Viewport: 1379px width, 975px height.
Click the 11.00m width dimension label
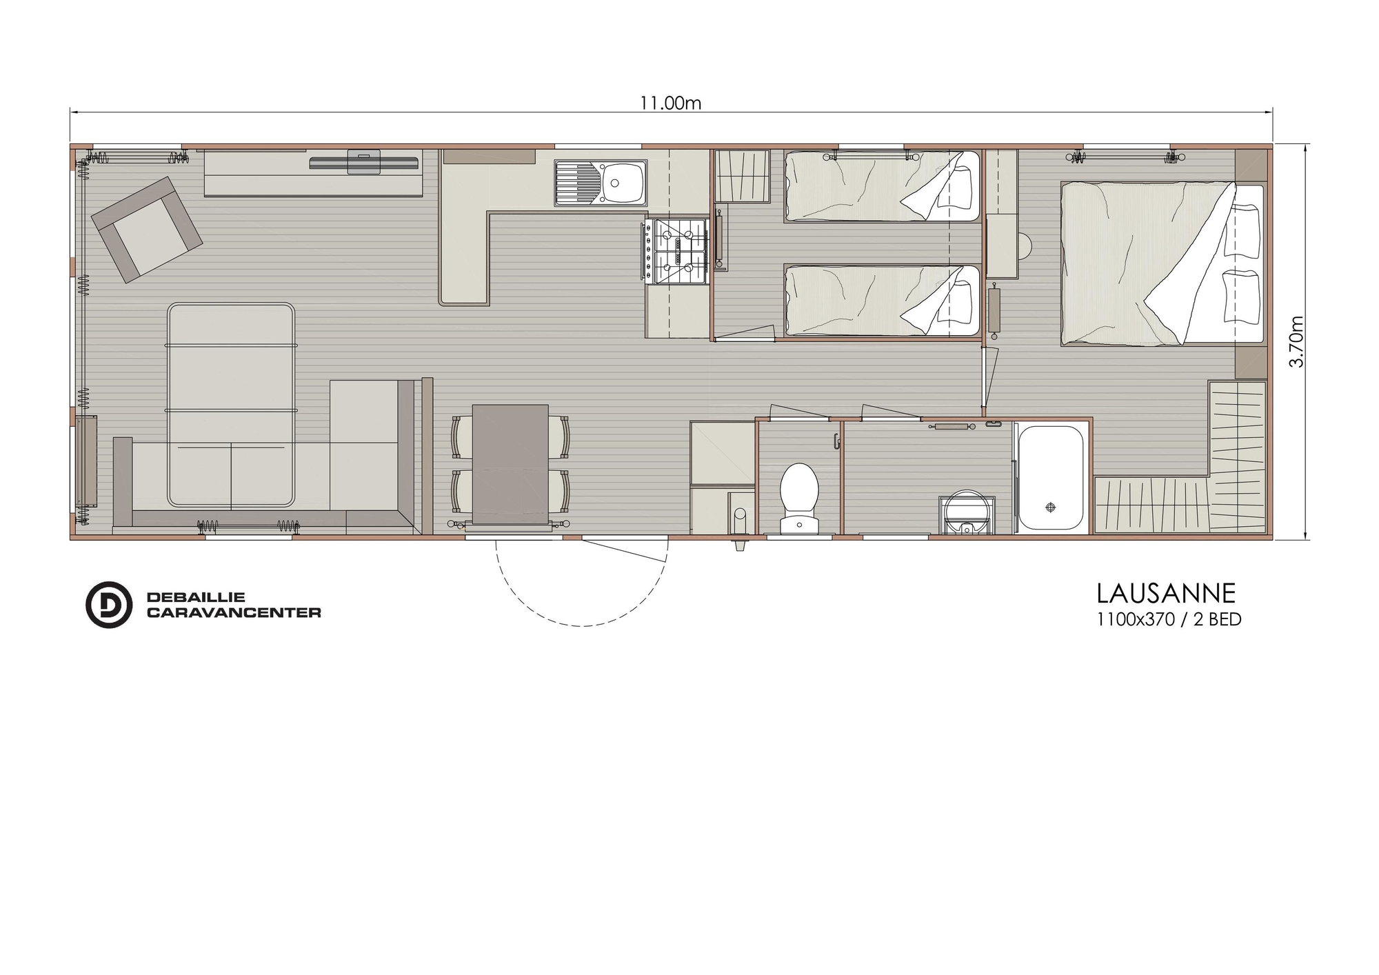(x=670, y=103)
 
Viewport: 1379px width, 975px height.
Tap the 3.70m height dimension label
(x=1296, y=341)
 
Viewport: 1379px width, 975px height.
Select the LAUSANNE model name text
(x=1166, y=593)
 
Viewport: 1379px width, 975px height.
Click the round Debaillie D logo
(x=108, y=605)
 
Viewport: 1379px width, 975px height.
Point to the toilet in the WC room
(x=799, y=498)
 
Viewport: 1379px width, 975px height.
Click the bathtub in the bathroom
(x=1051, y=478)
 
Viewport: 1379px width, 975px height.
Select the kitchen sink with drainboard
(x=601, y=183)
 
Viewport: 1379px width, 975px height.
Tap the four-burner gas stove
(x=676, y=252)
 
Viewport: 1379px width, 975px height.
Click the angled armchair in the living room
(x=148, y=229)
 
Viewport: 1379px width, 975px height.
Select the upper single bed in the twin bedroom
(x=882, y=186)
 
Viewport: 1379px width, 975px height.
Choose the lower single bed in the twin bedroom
(x=882, y=301)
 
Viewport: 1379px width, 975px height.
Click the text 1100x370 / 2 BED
(x=1169, y=619)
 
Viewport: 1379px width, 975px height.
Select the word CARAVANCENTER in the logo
(x=234, y=612)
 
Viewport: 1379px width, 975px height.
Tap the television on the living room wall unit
(x=364, y=163)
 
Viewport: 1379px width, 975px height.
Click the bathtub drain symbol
(x=1051, y=507)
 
